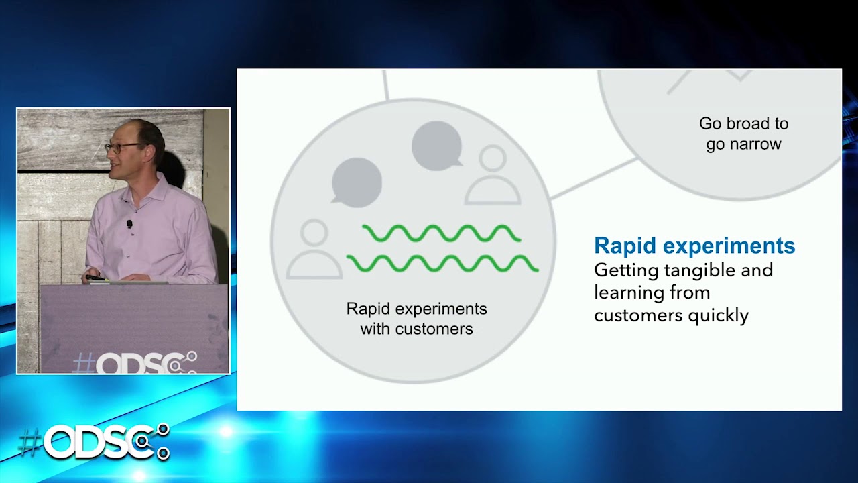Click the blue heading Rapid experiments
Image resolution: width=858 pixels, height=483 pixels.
coord(694,246)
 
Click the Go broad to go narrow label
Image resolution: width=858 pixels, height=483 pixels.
coord(743,133)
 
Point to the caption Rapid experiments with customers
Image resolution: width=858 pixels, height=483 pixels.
coord(416,319)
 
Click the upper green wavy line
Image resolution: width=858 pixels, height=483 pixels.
coord(441,233)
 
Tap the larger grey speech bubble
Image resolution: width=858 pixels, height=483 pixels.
coord(357,181)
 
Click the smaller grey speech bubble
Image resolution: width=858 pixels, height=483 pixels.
coord(436,146)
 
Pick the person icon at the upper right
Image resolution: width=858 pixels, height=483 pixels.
coord(493,176)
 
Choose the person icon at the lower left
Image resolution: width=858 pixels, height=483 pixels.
coord(314,250)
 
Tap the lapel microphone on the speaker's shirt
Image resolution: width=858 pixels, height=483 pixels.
coord(129,224)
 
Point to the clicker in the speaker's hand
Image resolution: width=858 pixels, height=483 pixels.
coord(95,277)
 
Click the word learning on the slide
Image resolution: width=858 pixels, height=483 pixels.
coord(623,293)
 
